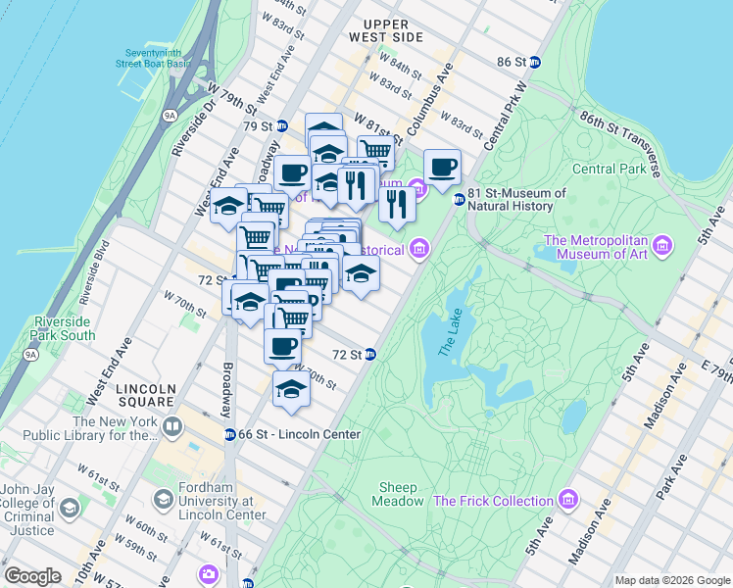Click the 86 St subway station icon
(x=535, y=62)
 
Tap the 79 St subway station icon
(x=281, y=125)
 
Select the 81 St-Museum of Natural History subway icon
(x=458, y=200)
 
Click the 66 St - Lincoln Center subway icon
(x=229, y=434)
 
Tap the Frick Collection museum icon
(x=567, y=501)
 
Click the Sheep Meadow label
(x=398, y=494)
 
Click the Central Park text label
(x=608, y=169)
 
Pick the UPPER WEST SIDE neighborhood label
(x=392, y=29)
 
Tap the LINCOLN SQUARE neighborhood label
(x=146, y=396)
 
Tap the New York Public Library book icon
(x=172, y=427)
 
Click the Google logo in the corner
(x=33, y=575)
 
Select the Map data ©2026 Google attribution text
(x=671, y=580)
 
